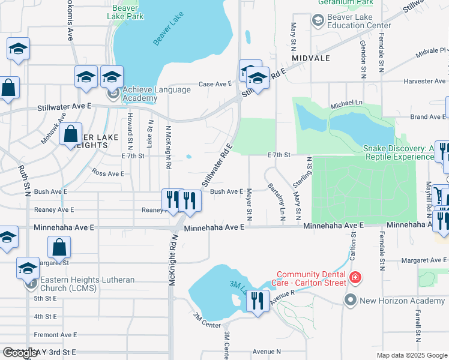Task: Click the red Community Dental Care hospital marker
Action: [x=355, y=278]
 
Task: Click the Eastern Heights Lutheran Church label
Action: [x=87, y=284]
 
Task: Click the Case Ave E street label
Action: [x=215, y=84]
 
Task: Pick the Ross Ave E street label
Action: [x=108, y=173]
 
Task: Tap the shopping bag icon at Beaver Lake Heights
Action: [x=71, y=134]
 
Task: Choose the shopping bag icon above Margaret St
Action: [x=59, y=247]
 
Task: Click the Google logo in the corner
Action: [x=20, y=353]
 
